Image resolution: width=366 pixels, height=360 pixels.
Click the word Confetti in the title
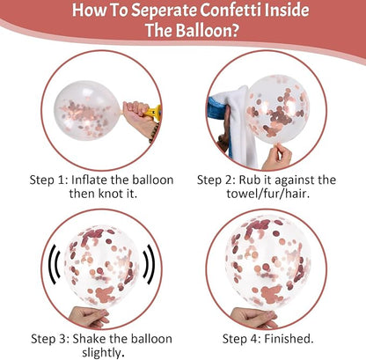[231, 10]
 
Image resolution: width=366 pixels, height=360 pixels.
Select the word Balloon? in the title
[207, 30]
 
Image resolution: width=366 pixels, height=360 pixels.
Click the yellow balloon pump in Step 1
[153, 113]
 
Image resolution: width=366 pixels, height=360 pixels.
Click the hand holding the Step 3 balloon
[89, 316]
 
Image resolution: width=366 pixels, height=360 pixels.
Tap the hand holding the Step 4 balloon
[253, 317]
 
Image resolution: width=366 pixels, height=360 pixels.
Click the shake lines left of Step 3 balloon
[55, 264]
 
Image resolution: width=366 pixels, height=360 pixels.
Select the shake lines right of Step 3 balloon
[149, 264]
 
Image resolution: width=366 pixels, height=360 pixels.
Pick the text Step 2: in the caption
[216, 180]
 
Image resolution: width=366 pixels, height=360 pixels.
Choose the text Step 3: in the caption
[50, 339]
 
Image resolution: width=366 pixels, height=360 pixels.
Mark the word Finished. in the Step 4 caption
[289, 339]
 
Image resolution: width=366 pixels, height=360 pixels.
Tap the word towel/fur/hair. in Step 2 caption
[268, 194]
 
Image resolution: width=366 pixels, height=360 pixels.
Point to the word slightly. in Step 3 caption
[101, 353]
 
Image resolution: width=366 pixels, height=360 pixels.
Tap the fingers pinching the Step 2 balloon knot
[277, 156]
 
